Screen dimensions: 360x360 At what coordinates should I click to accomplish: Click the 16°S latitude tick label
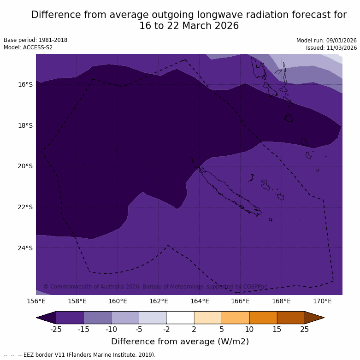point(25,84)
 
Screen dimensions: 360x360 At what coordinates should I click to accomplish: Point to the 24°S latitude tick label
point(25,248)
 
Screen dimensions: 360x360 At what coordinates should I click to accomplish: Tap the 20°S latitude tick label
point(25,166)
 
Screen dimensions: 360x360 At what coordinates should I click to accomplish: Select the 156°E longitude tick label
point(36,301)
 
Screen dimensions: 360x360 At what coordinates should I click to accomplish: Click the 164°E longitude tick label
point(200,301)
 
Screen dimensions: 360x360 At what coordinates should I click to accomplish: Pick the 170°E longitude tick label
point(322,301)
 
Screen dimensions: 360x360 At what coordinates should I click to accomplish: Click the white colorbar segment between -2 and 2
point(180,318)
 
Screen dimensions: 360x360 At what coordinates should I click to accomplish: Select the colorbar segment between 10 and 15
point(263,318)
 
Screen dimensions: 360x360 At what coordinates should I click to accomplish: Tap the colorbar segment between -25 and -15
point(70,318)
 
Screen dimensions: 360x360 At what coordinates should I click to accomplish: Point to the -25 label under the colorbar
point(56,329)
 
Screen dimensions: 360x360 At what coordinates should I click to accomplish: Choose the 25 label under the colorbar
point(305,329)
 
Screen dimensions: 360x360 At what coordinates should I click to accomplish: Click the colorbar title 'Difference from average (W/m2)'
point(180,342)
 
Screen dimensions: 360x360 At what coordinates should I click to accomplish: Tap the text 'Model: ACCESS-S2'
point(28,47)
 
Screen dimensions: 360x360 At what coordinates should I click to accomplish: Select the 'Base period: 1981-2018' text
point(35,40)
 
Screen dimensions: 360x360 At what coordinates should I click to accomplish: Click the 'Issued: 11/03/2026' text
point(331,47)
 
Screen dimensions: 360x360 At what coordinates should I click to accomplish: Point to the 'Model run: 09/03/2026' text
point(326,40)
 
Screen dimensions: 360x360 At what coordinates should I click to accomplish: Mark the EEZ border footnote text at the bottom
point(80,355)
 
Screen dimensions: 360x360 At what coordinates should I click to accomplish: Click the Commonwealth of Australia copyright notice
point(155,287)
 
